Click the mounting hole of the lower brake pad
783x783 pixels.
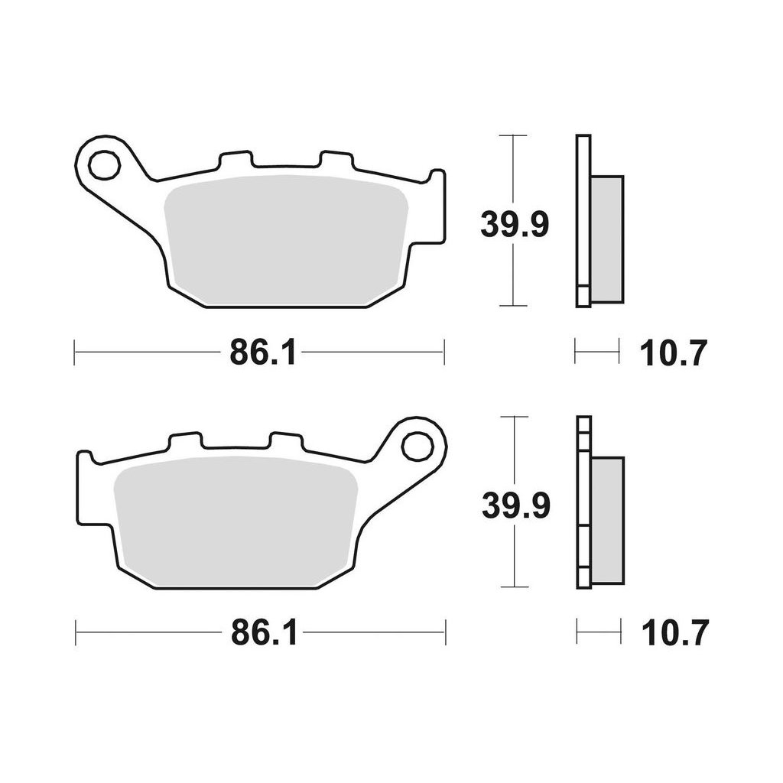417,446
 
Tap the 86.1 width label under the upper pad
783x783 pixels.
262,353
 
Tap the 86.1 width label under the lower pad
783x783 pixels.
264,633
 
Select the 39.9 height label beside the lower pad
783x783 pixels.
515,505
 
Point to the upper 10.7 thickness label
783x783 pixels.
674,353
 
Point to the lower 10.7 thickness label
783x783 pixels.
675,633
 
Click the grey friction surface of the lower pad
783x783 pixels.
235,521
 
